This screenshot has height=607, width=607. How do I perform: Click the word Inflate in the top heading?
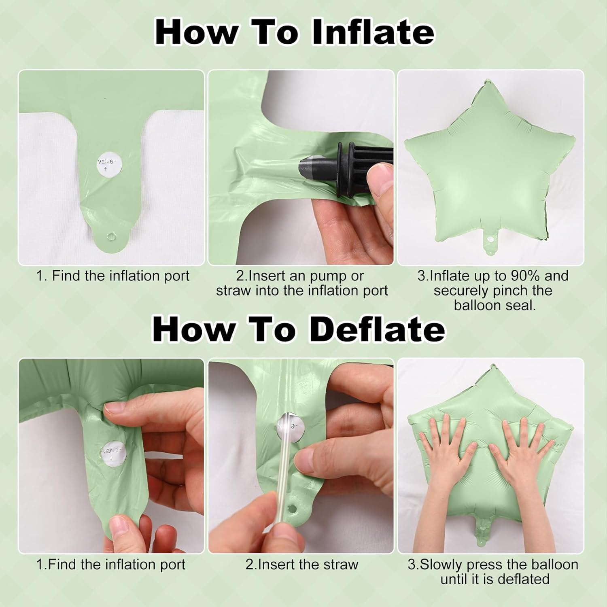373,32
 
